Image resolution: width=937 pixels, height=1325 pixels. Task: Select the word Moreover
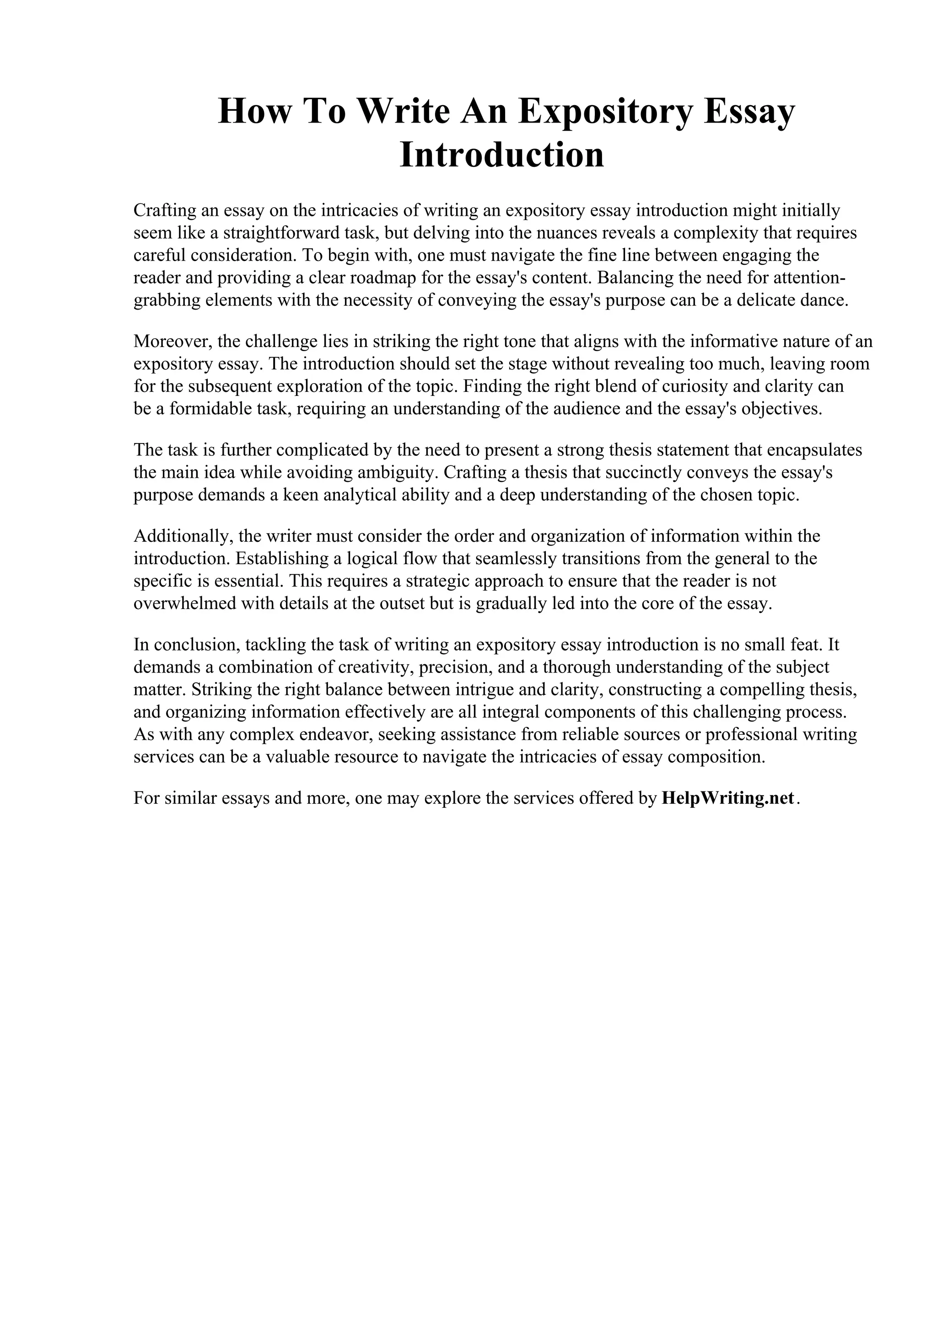pos(172,342)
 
